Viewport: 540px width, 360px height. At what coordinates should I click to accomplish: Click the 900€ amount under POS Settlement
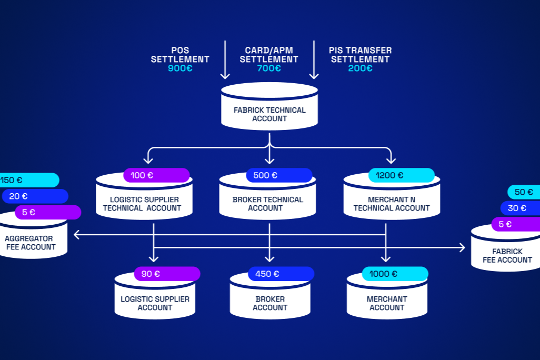pyautogui.click(x=180, y=68)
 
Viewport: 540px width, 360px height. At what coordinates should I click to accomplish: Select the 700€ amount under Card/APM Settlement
pyautogui.click(x=269, y=68)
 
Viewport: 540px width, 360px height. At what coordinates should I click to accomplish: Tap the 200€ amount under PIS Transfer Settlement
pyautogui.click(x=360, y=68)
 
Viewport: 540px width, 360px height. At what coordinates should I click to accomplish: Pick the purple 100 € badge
pyautogui.click(x=156, y=175)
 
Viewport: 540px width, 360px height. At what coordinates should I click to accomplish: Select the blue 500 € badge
pyautogui.click(x=279, y=175)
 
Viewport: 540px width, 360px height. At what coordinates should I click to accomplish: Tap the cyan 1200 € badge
pyautogui.click(x=401, y=175)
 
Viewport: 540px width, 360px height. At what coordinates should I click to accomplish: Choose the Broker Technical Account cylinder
pyautogui.click(x=267, y=203)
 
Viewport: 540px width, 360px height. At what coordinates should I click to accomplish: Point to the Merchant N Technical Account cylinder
pyautogui.click(x=392, y=203)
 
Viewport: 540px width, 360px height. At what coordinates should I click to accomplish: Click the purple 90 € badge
pyautogui.click(x=167, y=274)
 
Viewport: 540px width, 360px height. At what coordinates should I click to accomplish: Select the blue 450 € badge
pyautogui.click(x=281, y=274)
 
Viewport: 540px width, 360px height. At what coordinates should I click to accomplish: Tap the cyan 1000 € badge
pyautogui.click(x=395, y=274)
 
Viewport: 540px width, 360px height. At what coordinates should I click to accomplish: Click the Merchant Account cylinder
pyautogui.click(x=387, y=302)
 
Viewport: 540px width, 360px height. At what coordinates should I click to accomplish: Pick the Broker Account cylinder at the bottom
pyautogui.click(x=269, y=302)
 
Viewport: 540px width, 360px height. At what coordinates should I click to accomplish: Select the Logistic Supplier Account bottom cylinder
pyautogui.click(x=155, y=302)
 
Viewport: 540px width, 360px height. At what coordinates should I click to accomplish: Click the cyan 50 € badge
pyautogui.click(x=524, y=192)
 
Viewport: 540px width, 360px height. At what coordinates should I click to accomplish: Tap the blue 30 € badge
pyautogui.click(x=520, y=208)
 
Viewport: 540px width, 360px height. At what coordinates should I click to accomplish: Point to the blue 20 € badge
pyautogui.click(x=35, y=196)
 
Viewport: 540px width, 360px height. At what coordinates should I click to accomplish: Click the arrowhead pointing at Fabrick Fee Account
pyautogui.click(x=462, y=247)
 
